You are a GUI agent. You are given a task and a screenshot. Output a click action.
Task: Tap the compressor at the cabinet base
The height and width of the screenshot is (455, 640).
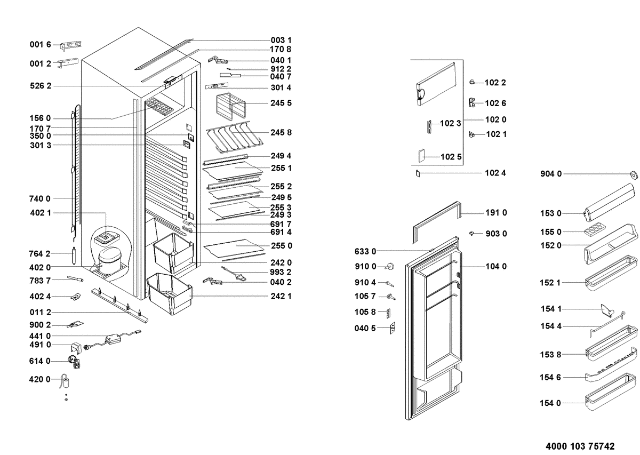click(x=109, y=259)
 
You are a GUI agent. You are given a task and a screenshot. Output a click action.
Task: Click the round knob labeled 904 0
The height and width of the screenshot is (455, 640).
click(x=634, y=174)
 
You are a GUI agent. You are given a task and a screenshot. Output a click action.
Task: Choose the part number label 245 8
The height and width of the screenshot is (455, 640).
click(x=281, y=132)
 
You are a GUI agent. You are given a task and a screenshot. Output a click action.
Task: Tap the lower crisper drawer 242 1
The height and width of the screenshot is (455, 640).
click(x=169, y=292)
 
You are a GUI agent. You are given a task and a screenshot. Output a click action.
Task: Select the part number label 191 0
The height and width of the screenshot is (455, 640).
click(x=496, y=213)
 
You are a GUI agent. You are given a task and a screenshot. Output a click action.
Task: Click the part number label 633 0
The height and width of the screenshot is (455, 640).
click(x=365, y=251)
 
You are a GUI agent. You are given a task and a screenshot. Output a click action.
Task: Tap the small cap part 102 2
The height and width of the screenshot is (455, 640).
click(x=472, y=82)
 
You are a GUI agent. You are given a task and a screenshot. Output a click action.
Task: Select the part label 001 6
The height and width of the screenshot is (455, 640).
click(x=40, y=45)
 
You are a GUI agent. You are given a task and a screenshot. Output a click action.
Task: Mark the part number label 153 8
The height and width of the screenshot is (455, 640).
click(x=550, y=354)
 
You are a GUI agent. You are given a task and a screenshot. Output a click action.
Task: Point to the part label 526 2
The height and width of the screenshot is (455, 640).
click(x=40, y=86)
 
